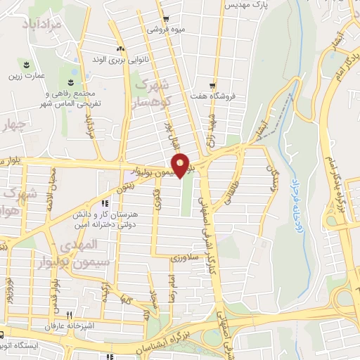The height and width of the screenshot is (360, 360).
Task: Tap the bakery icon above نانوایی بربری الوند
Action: click(121, 49)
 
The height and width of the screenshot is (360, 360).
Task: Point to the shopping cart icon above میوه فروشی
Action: click(165, 20)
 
